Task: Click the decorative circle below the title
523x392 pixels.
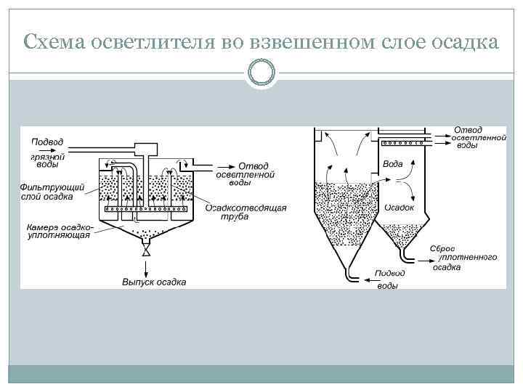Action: pyautogui.click(x=261, y=73)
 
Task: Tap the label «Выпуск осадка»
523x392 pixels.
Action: pyautogui.click(x=153, y=282)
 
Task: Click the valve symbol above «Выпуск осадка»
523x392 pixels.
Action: pyautogui.click(x=146, y=250)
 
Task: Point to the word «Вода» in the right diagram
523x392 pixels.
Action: pyautogui.click(x=393, y=164)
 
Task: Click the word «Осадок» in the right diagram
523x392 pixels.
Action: pyautogui.click(x=399, y=207)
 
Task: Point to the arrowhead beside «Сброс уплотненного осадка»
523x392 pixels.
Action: pyautogui.click(x=419, y=257)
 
